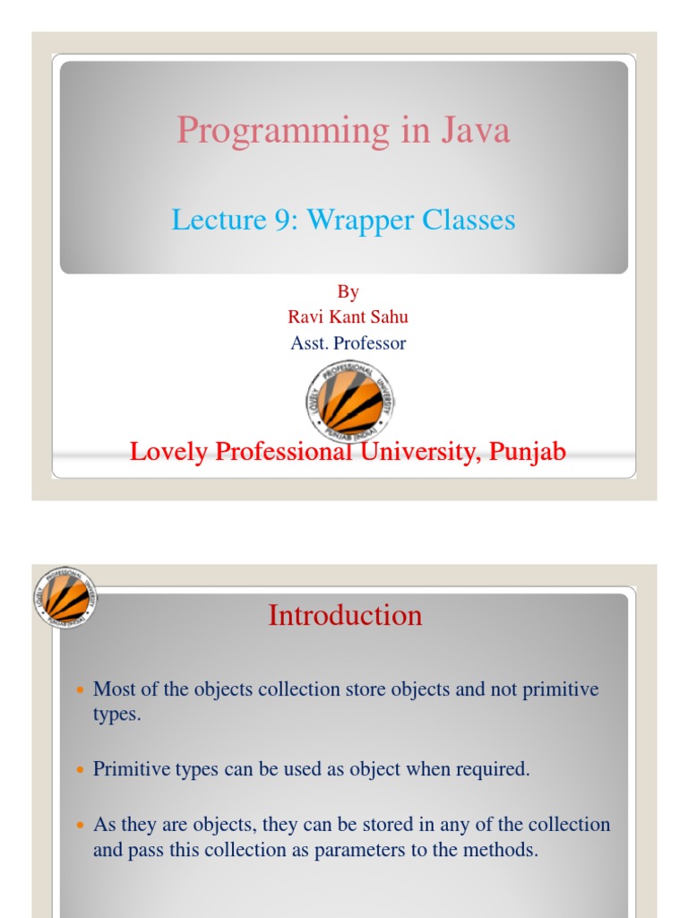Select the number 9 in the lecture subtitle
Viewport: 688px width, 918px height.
[x=286, y=220]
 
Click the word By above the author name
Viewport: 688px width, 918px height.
[x=348, y=291]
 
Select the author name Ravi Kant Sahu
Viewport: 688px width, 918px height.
[x=348, y=316]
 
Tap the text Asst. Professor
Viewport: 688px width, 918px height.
[x=348, y=342]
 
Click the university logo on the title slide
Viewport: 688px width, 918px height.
[x=348, y=400]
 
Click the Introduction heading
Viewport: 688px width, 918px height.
[x=345, y=615]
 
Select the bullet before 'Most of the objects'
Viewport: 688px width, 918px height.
[x=77, y=691]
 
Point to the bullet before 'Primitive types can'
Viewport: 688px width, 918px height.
[x=77, y=771]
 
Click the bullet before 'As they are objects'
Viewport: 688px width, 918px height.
[x=77, y=826]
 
